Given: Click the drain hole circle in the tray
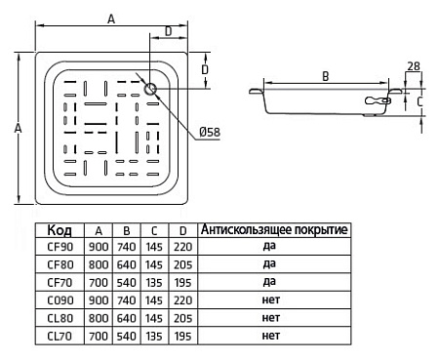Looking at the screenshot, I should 150,90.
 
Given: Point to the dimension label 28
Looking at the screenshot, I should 414,65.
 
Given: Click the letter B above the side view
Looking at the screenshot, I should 325,74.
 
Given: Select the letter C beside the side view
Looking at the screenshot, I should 419,100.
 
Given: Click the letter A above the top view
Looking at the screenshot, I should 111,19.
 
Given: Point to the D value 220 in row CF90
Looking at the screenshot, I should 180,247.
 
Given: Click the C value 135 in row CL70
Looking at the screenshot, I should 153,335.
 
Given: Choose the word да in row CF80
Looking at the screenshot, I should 270,264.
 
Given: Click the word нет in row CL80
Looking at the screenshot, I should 270,317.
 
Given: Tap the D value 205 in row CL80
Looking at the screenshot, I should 180,317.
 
